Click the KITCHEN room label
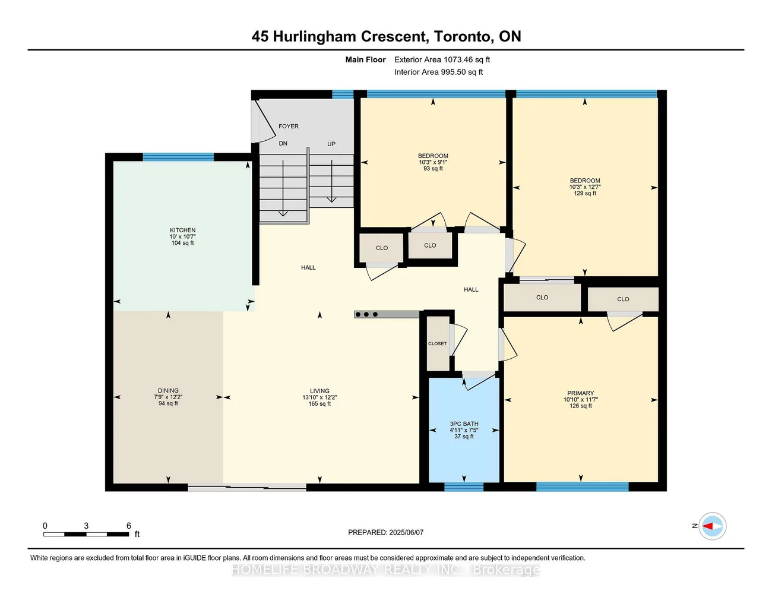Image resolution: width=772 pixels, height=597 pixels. click(x=182, y=230)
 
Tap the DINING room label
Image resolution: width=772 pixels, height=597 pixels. click(x=168, y=391)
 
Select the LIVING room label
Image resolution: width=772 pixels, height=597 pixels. click(x=319, y=391)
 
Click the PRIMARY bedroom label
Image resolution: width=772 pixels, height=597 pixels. click(x=580, y=393)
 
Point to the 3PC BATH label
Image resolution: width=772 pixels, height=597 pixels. click(x=464, y=424)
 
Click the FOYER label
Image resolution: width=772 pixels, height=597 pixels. click(x=289, y=127)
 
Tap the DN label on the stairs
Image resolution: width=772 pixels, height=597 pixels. click(x=283, y=144)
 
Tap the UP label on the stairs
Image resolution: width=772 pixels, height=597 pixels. click(x=331, y=144)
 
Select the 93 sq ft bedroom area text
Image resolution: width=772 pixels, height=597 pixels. click(x=433, y=169)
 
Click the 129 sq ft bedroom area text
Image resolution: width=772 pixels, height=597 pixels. click(x=585, y=193)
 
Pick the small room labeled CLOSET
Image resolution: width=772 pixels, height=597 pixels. click(x=438, y=343)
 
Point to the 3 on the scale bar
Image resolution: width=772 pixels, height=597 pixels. click(x=86, y=526)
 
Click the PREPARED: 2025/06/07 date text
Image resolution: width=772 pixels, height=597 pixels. click(x=385, y=533)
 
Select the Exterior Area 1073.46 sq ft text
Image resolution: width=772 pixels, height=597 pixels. click(x=442, y=59)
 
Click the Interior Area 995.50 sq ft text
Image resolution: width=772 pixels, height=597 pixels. click(x=438, y=72)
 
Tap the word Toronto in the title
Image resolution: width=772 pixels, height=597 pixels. click(x=462, y=36)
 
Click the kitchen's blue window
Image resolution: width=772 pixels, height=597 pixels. click(x=178, y=157)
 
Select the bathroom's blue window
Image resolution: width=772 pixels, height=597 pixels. click(x=464, y=487)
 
